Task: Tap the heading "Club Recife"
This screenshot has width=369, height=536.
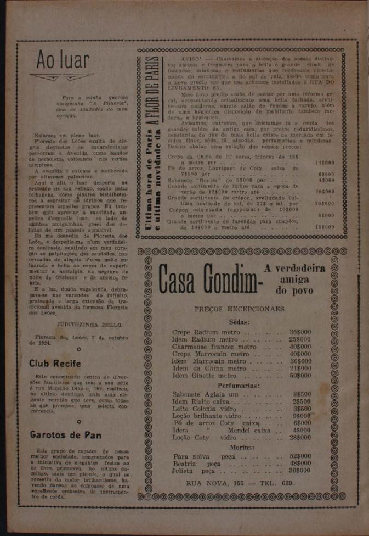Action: [x=55, y=364]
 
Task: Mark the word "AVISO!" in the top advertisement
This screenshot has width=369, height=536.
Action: [x=191, y=58]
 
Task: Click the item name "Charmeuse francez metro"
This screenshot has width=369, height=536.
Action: [x=214, y=347]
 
